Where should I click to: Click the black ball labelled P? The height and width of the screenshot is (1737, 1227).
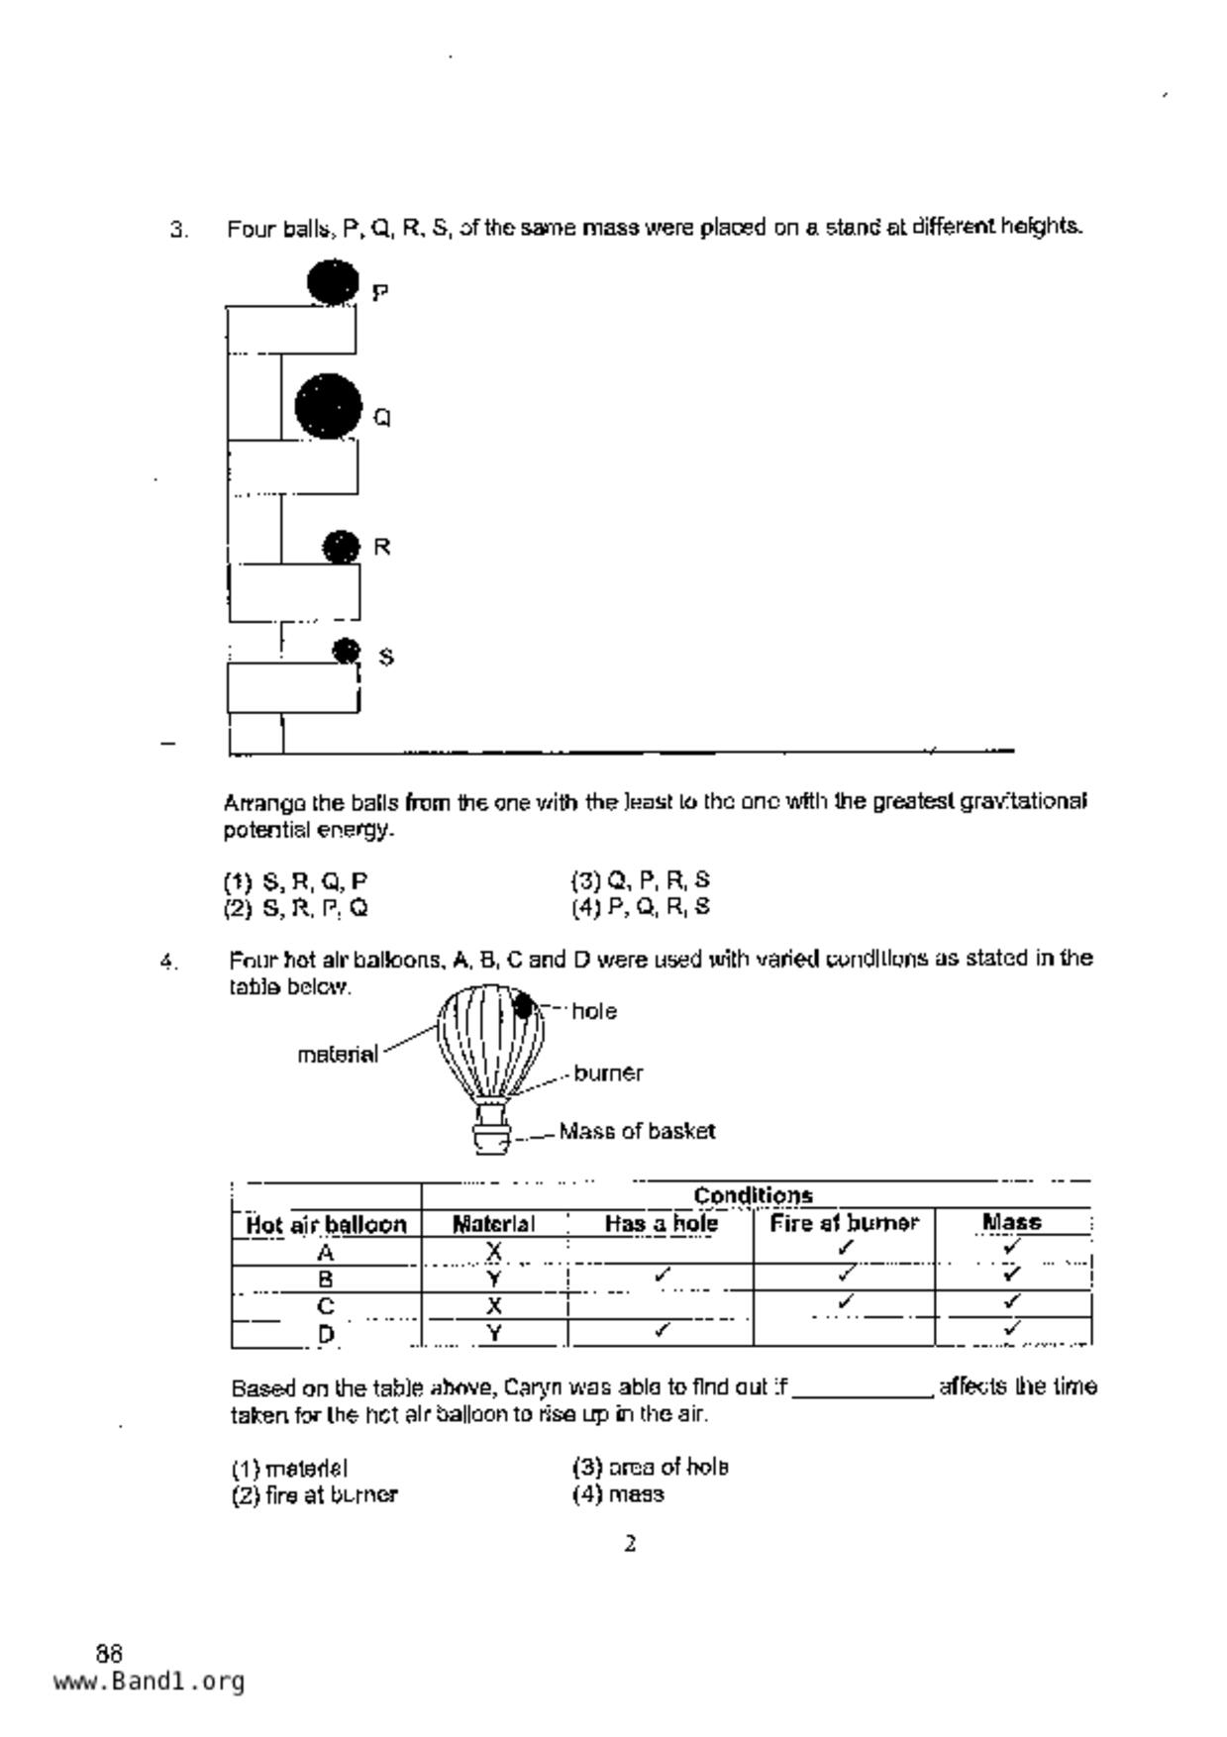tap(332, 281)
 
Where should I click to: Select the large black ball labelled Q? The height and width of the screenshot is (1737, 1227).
tap(329, 407)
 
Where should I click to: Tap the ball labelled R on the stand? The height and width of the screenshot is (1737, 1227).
tap(342, 547)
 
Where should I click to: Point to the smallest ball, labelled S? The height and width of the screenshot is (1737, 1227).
tap(346, 651)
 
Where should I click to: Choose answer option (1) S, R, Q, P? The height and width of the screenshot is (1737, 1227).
tap(296, 880)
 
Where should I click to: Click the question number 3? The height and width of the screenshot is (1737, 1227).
tap(178, 230)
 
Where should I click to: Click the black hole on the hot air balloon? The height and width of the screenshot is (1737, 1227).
tap(523, 1006)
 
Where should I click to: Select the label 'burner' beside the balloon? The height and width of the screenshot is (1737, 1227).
tap(608, 1073)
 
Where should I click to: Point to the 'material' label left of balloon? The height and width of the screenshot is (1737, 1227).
tap(338, 1055)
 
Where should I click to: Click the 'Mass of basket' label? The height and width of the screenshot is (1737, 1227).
tap(637, 1131)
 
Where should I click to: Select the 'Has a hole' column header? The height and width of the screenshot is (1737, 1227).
tap(661, 1224)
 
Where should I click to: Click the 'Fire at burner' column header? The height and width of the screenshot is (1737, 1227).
tap(844, 1224)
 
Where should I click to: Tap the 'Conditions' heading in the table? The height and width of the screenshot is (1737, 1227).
tap(753, 1195)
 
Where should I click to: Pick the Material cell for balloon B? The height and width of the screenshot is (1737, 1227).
tap(493, 1278)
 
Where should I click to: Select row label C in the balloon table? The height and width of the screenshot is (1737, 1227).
tap(326, 1305)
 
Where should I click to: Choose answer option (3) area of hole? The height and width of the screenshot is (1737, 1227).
tap(650, 1467)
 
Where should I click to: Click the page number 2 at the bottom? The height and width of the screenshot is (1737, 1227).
tap(630, 1543)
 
